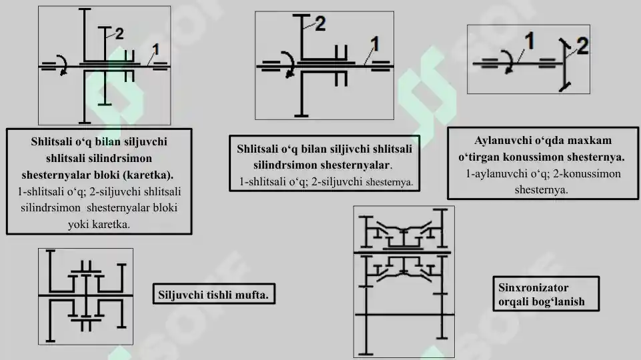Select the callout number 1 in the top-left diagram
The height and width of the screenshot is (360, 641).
156,48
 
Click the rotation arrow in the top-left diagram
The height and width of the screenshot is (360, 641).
62,65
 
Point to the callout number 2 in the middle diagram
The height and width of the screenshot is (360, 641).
319,24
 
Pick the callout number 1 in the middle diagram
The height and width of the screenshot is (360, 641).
375,44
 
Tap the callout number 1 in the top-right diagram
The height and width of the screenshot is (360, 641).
528,41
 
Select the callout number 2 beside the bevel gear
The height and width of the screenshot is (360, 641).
582,46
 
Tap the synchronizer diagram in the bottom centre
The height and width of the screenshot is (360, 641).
404,280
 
